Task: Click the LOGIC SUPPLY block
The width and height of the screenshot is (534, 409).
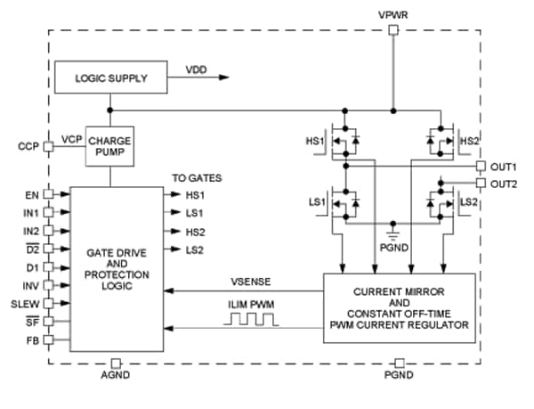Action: point(112,78)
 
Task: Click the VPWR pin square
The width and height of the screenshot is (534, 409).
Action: point(393,29)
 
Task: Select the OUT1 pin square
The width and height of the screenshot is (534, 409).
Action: point(481,166)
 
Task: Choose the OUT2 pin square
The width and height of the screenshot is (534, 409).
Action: point(481,183)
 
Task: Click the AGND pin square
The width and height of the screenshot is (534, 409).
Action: point(117,363)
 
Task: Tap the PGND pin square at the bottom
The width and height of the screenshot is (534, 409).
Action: point(400,363)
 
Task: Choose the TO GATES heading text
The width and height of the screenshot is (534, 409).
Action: point(197,177)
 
